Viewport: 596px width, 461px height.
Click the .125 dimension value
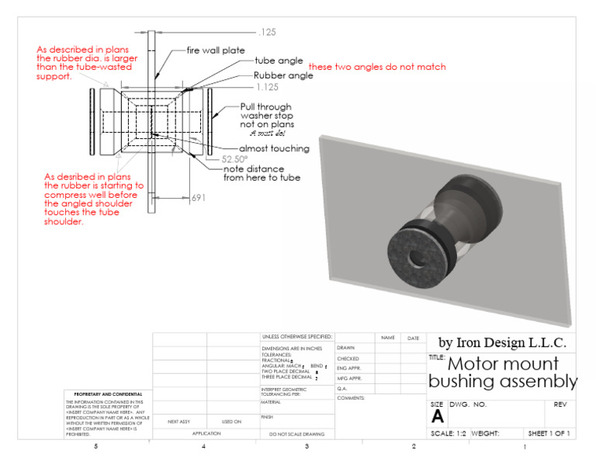pos(268,33)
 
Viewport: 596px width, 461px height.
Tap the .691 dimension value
pos(199,198)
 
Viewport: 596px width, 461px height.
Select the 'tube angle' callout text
pos(279,61)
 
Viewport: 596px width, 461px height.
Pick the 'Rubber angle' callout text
pos(283,76)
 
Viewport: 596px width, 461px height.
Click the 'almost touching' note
pos(274,148)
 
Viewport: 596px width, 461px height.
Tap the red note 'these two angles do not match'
pos(377,67)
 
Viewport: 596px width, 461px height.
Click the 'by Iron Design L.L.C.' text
pos(502,342)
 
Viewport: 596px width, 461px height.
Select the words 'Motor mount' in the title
pos(504,363)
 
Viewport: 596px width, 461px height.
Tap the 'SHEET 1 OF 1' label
pos(549,433)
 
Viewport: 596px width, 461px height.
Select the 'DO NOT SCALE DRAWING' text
pos(296,434)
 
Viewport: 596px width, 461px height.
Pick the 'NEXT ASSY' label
pos(179,421)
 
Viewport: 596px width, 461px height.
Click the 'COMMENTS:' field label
pos(352,397)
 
